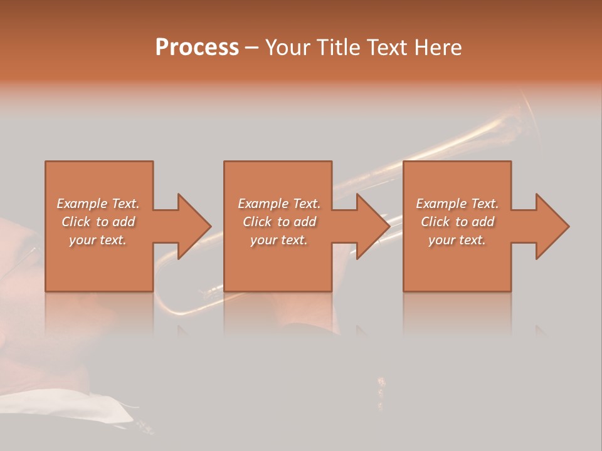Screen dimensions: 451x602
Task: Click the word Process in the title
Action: tap(197, 48)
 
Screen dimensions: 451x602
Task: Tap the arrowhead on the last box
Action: tap(551, 226)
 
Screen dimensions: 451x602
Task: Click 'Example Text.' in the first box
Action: tap(98, 204)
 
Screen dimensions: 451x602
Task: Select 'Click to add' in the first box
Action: tap(98, 222)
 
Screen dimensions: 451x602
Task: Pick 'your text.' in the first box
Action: tap(98, 240)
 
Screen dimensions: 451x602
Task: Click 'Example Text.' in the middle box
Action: tap(278, 204)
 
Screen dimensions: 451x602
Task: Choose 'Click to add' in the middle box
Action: tap(278, 222)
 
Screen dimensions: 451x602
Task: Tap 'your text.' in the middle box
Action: tap(278, 240)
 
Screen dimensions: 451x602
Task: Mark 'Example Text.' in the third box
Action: tap(457, 204)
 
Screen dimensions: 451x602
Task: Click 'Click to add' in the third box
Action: tap(457, 222)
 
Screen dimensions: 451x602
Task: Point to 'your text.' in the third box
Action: tap(457, 240)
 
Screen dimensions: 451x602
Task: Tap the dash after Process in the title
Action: tap(252, 48)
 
